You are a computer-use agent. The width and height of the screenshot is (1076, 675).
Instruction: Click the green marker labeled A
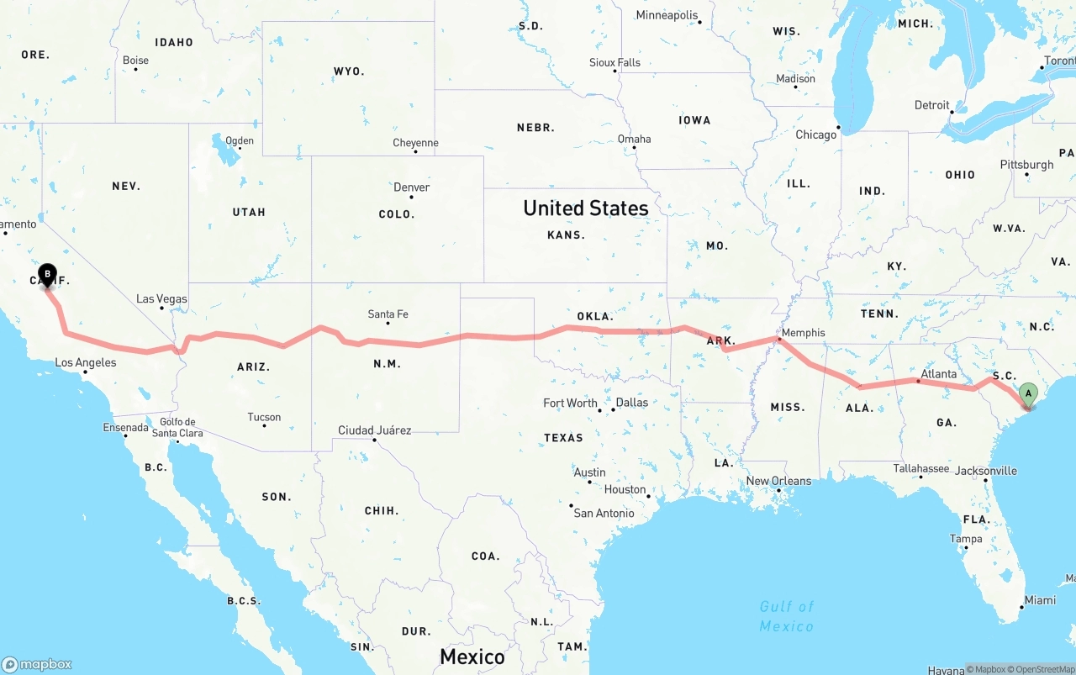(1027, 393)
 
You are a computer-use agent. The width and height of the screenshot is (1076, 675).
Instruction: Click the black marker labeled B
(48, 274)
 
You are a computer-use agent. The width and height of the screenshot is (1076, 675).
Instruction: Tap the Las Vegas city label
(161, 298)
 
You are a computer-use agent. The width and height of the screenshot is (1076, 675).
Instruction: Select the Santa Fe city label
(388, 314)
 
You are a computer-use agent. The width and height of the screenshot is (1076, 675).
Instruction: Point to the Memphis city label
(803, 333)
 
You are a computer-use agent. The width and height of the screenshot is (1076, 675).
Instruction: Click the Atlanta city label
(938, 374)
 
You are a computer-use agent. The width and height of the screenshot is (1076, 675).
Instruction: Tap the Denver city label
(411, 187)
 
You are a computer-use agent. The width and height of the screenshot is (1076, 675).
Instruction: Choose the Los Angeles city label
(85, 363)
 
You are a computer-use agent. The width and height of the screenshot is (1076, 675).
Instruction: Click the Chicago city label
(816, 134)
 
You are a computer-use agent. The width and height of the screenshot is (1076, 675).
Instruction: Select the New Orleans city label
(778, 481)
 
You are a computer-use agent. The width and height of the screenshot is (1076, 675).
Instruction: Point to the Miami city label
(1040, 600)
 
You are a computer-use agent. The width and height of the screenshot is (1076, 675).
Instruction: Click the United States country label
(585, 208)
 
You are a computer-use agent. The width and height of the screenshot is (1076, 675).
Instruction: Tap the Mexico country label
(472, 657)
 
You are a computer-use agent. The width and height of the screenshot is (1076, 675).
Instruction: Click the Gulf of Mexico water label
(786, 616)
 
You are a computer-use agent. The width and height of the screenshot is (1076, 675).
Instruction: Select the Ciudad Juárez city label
(374, 430)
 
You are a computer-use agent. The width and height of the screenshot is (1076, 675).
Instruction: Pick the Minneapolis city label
(667, 15)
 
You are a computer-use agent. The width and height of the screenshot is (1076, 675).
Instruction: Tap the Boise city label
(135, 61)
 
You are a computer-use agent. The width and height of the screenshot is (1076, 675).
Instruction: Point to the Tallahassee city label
(921, 468)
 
